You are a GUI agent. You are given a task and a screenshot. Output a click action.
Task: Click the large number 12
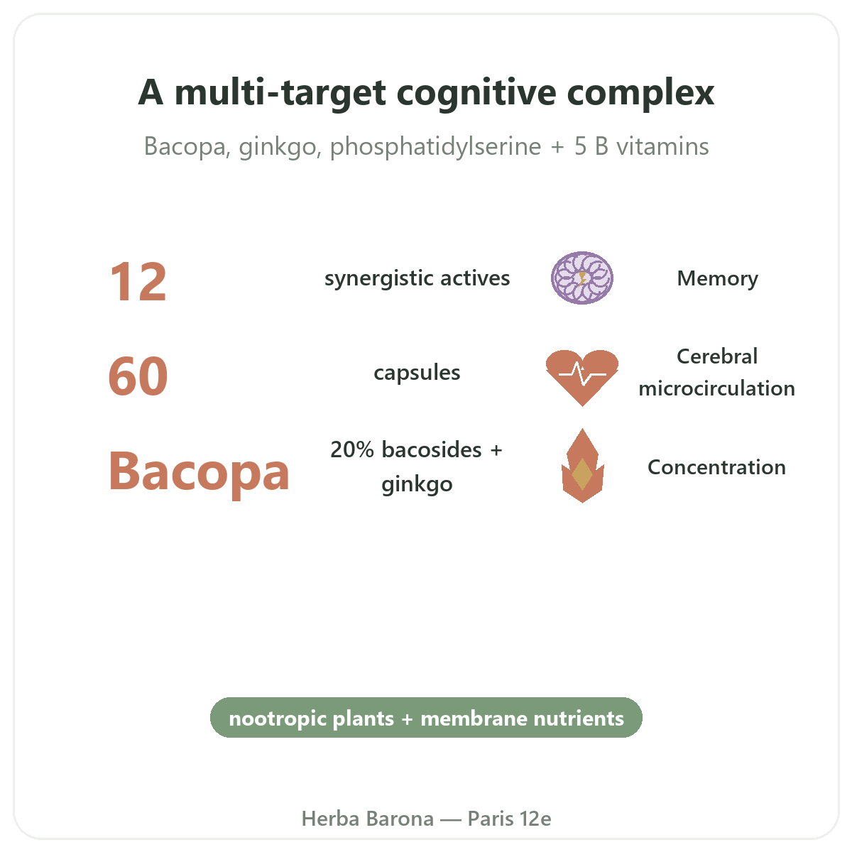138,282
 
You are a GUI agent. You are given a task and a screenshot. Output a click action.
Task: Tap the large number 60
138,376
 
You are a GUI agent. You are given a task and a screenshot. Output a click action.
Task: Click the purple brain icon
582,278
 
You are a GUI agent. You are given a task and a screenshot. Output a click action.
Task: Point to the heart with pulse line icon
582,378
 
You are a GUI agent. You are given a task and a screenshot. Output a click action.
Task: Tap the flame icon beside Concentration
582,466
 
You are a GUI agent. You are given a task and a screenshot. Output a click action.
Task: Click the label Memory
717,278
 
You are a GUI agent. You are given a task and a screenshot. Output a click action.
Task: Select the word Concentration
716,467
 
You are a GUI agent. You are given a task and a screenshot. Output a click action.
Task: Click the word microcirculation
716,388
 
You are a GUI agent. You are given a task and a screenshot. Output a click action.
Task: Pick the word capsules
417,373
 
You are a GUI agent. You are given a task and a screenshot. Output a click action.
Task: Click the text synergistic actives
417,279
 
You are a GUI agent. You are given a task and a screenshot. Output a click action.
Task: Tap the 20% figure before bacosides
352,449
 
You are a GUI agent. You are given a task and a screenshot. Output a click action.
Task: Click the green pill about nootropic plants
426,719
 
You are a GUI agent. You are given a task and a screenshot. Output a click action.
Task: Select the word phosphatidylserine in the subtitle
435,147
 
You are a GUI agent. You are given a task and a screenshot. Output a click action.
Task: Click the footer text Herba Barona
367,819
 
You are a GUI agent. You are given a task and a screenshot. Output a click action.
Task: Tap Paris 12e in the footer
509,819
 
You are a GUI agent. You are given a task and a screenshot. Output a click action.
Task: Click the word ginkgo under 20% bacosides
417,486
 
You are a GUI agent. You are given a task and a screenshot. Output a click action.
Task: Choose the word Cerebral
717,356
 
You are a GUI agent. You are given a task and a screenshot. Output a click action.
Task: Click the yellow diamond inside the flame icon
582,474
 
